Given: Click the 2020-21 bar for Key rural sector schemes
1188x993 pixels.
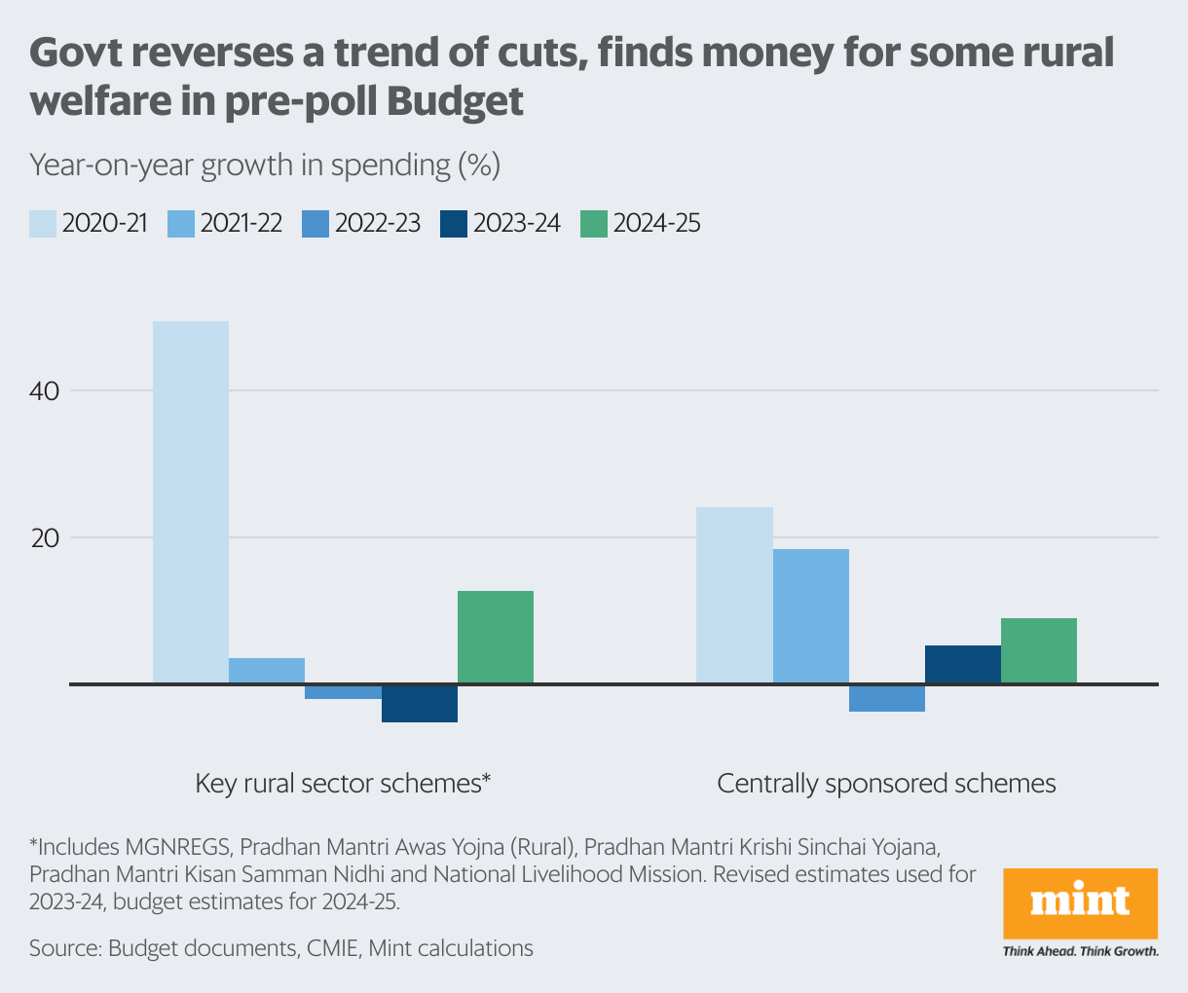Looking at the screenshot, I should (x=191, y=501).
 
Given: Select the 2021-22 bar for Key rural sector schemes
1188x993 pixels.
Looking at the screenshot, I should (x=267, y=671).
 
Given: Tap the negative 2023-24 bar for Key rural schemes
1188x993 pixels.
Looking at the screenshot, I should (x=419, y=703).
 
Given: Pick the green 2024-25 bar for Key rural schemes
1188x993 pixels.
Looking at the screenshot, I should (x=496, y=637).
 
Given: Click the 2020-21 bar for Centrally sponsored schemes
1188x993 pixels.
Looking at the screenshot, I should (x=734, y=595).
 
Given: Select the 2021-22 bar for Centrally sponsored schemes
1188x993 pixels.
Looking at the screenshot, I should (x=810, y=615).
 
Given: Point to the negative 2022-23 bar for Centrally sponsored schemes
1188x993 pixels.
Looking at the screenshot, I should (x=886, y=698).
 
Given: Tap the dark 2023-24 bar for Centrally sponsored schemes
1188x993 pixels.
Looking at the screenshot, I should (x=962, y=664).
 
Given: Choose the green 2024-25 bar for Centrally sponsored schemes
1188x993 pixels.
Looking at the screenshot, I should (x=1038, y=650).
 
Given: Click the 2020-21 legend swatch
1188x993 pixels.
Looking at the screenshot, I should (x=42, y=224).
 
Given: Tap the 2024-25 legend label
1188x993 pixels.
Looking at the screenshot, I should (x=656, y=224).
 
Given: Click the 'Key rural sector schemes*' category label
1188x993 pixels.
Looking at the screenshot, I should (x=343, y=784).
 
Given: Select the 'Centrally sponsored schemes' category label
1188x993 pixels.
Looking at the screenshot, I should (x=886, y=784).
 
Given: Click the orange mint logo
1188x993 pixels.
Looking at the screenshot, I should (x=1080, y=902).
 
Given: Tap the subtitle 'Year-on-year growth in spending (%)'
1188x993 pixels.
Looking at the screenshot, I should (x=265, y=165).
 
